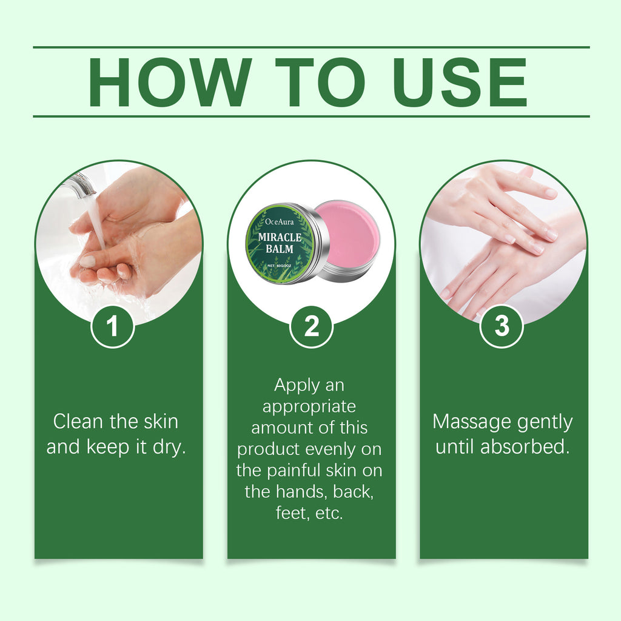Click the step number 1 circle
pyautogui.click(x=112, y=326)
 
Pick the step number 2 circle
pyautogui.click(x=311, y=326)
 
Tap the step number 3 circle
pyautogui.click(x=502, y=326)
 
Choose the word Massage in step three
pyautogui.click(x=466, y=421)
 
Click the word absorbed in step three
pyautogui.click(x=525, y=448)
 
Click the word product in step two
pyautogui.click(x=269, y=449)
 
